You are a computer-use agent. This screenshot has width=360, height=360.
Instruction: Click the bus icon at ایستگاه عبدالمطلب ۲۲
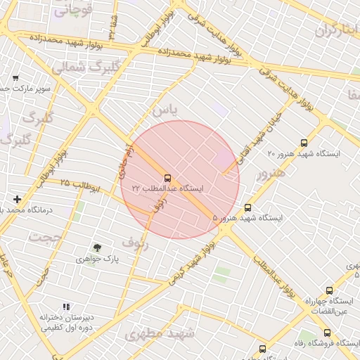point(167,178)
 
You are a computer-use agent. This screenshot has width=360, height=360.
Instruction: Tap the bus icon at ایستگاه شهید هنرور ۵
point(247,207)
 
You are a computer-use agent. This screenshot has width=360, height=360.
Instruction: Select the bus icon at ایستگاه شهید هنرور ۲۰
point(304,143)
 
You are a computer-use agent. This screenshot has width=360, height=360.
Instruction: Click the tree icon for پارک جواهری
point(97,247)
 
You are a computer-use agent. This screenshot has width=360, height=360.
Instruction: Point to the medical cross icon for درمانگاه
point(17,199)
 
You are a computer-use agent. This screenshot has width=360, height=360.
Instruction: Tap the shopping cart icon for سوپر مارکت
point(15,78)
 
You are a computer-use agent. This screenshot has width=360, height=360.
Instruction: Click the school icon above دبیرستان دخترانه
point(66,307)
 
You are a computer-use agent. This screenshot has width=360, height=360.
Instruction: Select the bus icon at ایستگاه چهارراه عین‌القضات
point(329,290)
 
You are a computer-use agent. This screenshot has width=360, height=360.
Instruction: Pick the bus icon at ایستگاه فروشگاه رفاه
point(327,333)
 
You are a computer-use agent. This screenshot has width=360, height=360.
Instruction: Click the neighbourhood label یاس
point(165,110)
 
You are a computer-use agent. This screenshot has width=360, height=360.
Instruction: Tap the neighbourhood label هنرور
point(271,173)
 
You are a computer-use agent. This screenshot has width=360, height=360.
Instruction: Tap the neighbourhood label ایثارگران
point(337,30)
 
